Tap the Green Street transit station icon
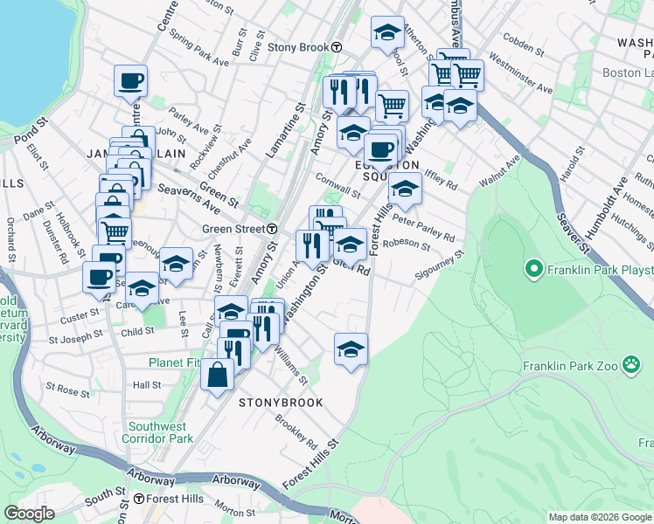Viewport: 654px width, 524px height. pyautogui.click(x=272, y=229)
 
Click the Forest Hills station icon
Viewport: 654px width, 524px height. pyautogui.click(x=139, y=499)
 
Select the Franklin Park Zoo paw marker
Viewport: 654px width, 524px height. pyautogui.click(x=631, y=366)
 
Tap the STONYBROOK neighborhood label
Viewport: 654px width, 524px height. pyautogui.click(x=281, y=403)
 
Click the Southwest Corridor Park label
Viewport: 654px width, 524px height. pyautogui.click(x=157, y=432)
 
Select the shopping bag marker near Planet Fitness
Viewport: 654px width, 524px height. pyautogui.click(x=218, y=375)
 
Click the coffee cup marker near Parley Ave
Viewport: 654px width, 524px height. pyautogui.click(x=131, y=80)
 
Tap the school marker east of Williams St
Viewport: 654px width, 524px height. pyautogui.click(x=351, y=348)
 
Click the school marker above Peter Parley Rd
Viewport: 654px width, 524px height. pyautogui.click(x=405, y=188)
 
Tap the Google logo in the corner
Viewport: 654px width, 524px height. pyautogui.click(x=30, y=514)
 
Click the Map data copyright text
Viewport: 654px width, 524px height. pyautogui.click(x=600, y=517)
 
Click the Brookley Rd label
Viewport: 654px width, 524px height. pyautogui.click(x=295, y=428)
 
